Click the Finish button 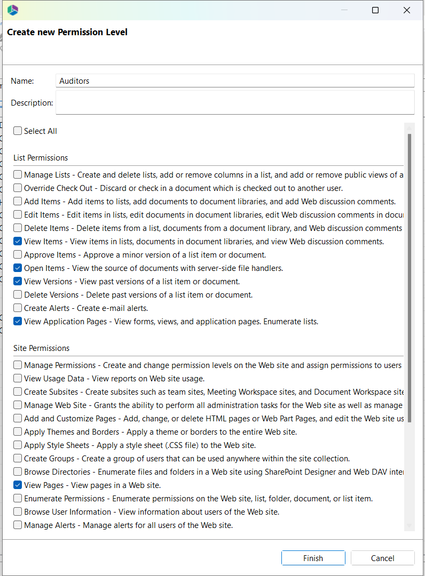click(313, 558)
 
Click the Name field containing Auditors click(235, 81)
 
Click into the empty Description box click(235, 102)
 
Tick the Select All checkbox click(18, 131)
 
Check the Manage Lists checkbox click(18, 175)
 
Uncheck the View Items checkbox click(18, 242)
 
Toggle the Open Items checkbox click(18, 268)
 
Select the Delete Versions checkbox click(18, 295)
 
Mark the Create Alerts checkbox click(18, 308)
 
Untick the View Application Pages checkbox click(18, 322)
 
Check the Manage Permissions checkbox click(18, 365)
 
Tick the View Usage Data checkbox click(18, 379)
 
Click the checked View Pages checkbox click(18, 485)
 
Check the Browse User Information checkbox click(18, 512)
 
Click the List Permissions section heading click(41, 158)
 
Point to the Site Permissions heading click(42, 348)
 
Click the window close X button click(407, 10)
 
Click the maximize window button click(375, 10)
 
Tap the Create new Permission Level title click(67, 33)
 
